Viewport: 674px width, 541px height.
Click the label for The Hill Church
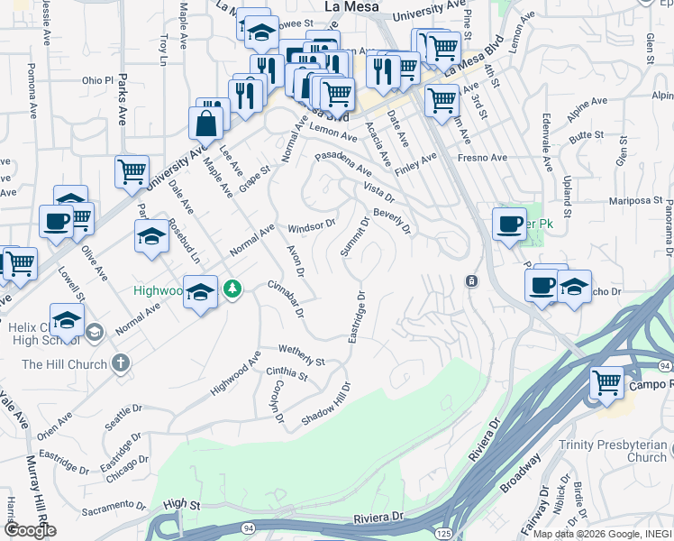pyautogui.click(x=63, y=364)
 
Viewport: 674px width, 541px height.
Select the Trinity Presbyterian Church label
pyautogui.click(x=612, y=451)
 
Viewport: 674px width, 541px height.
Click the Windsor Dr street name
pyautogui.click(x=311, y=225)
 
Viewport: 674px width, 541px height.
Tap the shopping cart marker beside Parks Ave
pyautogui.click(x=132, y=170)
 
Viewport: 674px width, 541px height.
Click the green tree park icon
pyautogui.click(x=233, y=289)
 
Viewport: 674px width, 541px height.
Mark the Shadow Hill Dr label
pyautogui.click(x=325, y=403)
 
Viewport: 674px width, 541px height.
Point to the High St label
pyautogui.click(x=181, y=504)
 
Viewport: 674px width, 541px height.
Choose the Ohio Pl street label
pyautogui.click(x=98, y=80)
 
